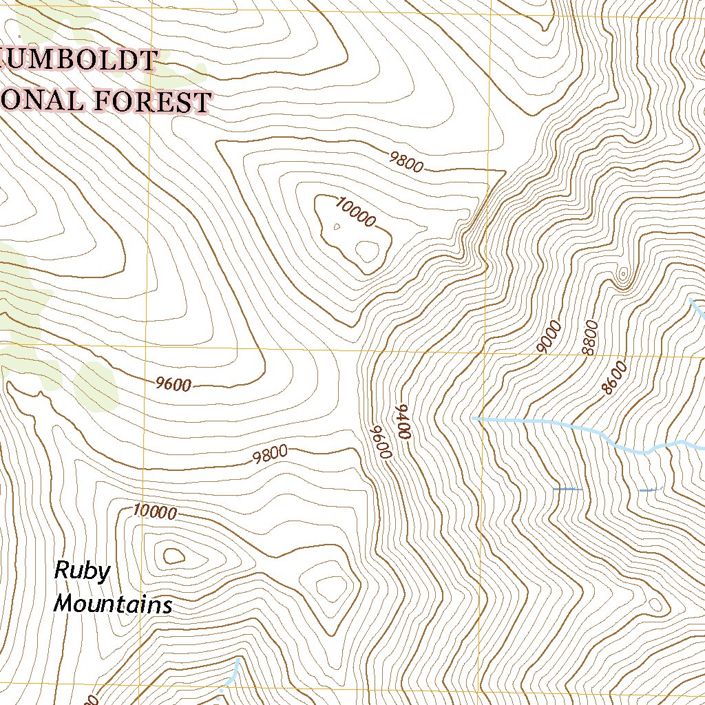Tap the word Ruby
(x=82, y=571)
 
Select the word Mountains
(x=113, y=604)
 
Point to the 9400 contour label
(x=403, y=423)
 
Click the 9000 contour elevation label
(x=549, y=337)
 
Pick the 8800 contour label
(x=589, y=337)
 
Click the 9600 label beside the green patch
(x=173, y=385)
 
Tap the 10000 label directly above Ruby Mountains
(x=155, y=512)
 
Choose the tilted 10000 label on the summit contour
(x=357, y=211)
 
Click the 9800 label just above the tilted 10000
(x=406, y=161)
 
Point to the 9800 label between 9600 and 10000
(x=269, y=455)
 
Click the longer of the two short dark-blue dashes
(x=568, y=490)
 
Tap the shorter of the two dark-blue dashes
(x=649, y=490)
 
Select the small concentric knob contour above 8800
(x=623, y=276)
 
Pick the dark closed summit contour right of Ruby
(x=170, y=554)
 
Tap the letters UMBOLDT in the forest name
(x=81, y=60)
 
